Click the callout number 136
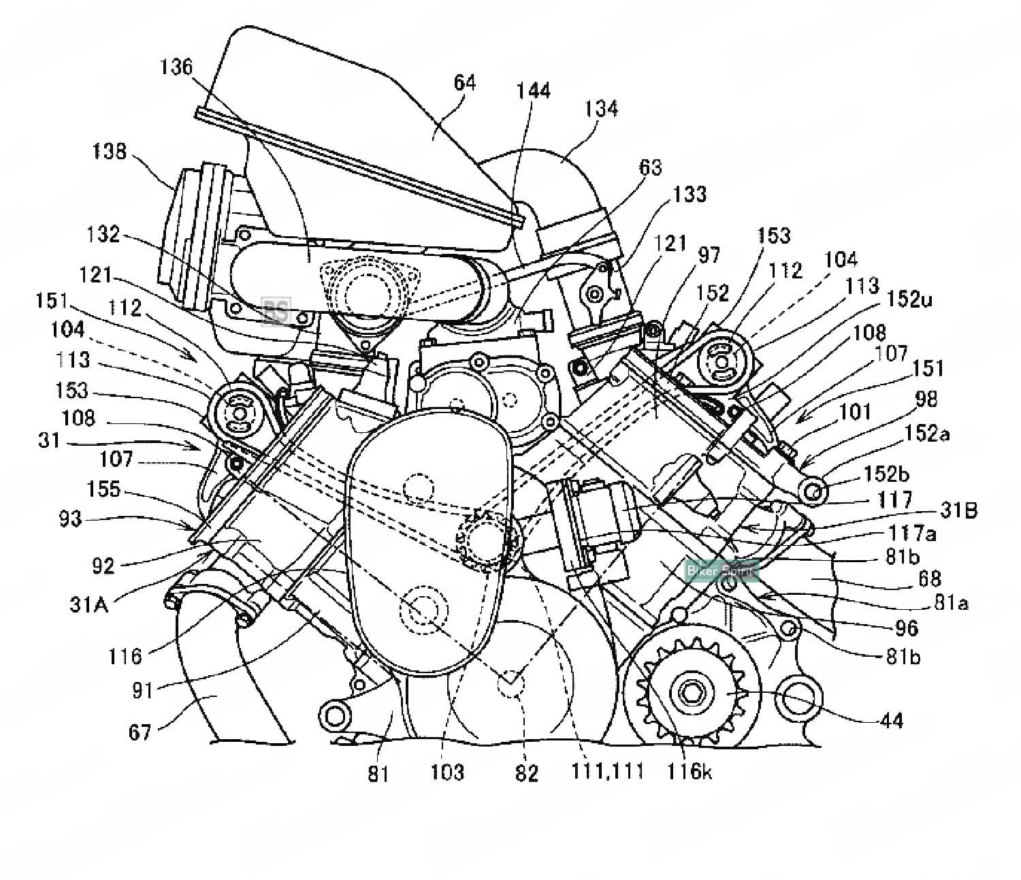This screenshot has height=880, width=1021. coord(177,68)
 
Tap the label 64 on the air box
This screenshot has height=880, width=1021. coord(465,84)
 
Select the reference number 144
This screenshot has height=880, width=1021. coord(534,91)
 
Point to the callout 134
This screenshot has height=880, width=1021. coord(601,109)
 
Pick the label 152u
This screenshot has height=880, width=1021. coord(909,299)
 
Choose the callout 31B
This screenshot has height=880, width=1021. coord(958,510)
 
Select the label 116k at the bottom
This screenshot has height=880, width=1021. coord(690,771)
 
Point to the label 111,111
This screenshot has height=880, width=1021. coord(607,772)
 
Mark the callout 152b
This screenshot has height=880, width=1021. coord(887,474)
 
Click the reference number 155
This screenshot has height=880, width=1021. coord(104,489)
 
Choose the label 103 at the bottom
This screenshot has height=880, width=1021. coord(448,772)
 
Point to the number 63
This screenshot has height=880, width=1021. coord(650,167)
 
